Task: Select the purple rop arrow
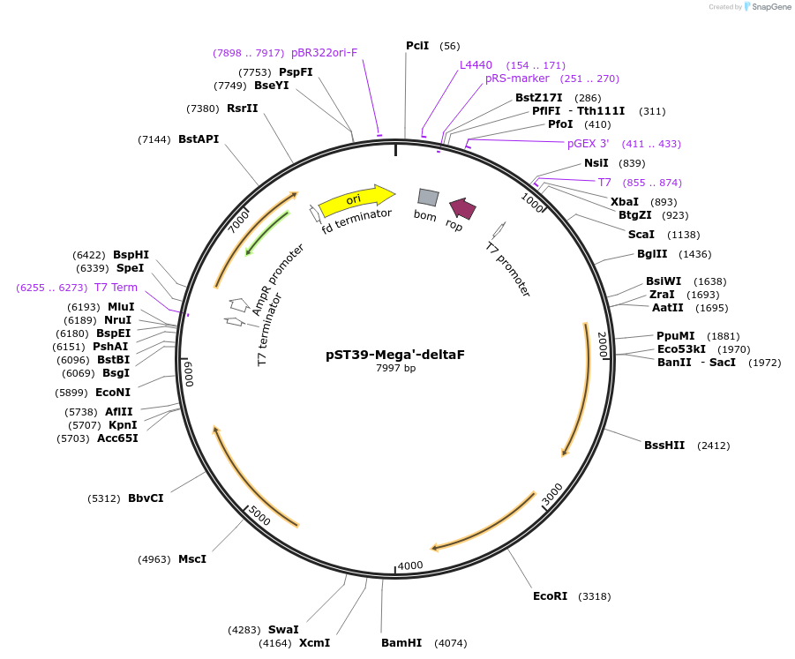(462, 208)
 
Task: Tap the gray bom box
(428, 197)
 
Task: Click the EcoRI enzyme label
(550, 596)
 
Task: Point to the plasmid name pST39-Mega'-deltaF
(395, 355)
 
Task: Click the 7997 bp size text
(395, 369)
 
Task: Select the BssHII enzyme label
(664, 446)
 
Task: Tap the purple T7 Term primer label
(116, 288)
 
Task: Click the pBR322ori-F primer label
(324, 53)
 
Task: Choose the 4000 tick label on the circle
(411, 565)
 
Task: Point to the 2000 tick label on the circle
(603, 345)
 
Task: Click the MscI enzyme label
(192, 559)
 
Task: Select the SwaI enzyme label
(283, 630)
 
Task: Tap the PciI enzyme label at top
(417, 46)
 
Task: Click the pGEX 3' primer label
(588, 144)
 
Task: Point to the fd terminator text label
(356, 220)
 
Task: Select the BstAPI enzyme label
(199, 139)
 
